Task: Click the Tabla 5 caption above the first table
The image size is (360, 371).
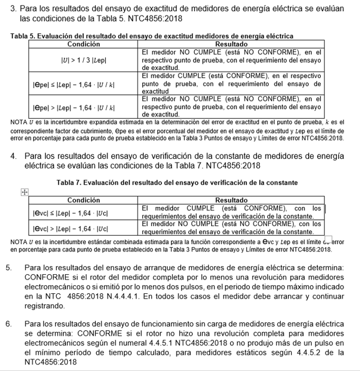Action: tap(151, 36)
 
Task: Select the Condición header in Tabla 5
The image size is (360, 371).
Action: tap(84, 44)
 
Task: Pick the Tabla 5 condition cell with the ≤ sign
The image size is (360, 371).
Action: tap(84, 84)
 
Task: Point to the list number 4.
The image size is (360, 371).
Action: tap(14, 156)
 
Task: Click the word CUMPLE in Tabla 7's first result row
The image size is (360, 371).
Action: tap(199, 209)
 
